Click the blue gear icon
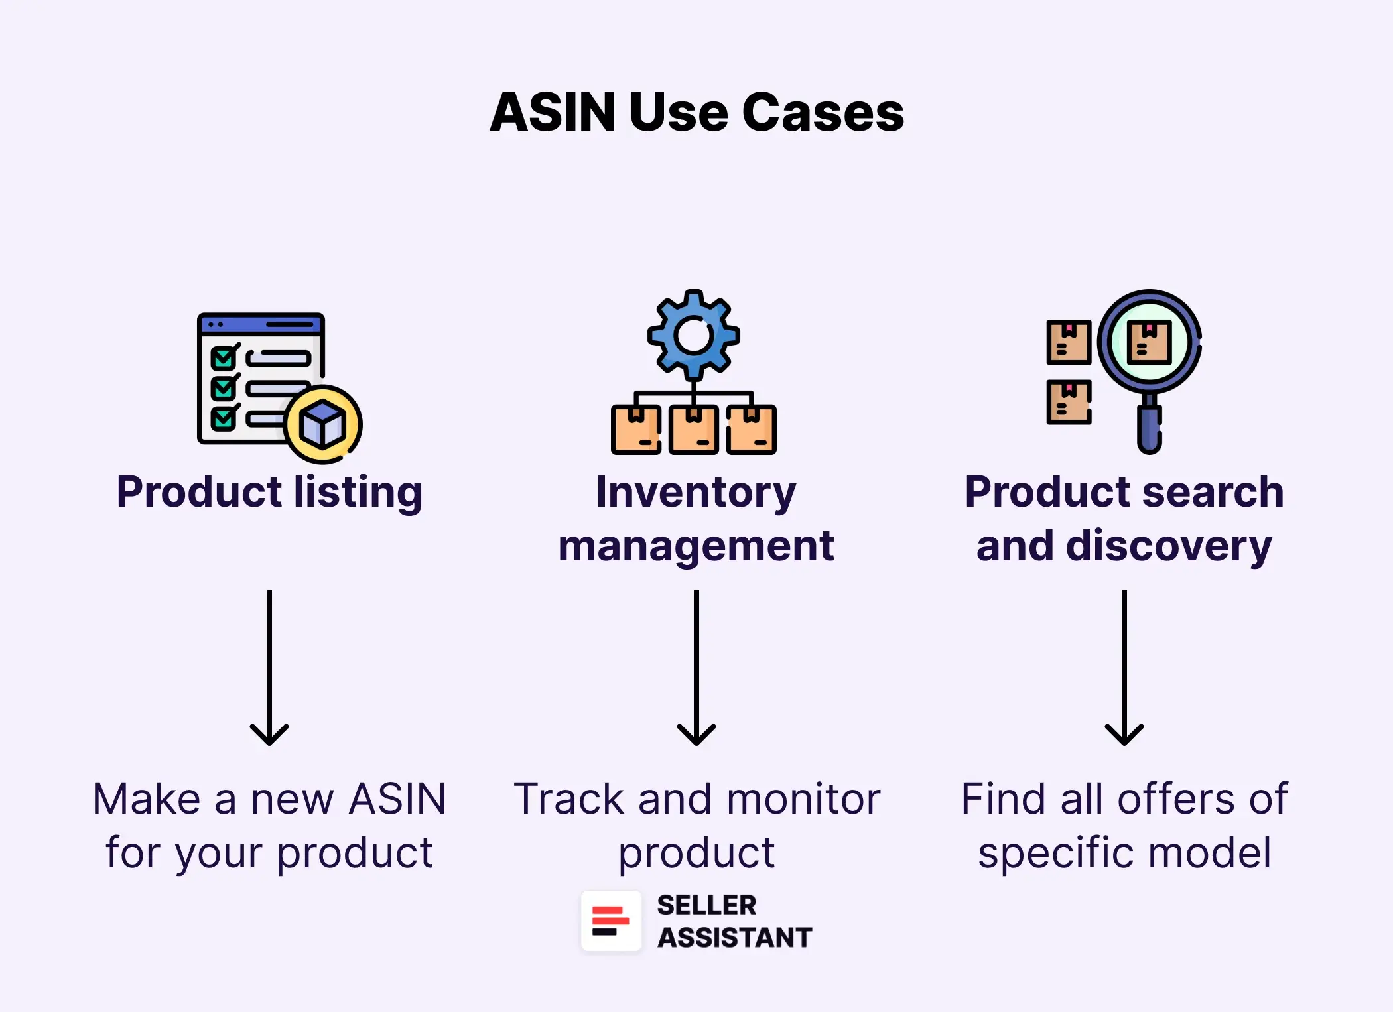pos(693,335)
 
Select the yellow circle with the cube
pos(323,424)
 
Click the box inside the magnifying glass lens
pos(1149,342)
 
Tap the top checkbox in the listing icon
pos(224,358)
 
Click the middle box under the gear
pos(693,430)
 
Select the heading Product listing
pos(269,492)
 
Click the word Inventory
pos(696,492)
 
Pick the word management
pos(696,546)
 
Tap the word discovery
pos(1169,546)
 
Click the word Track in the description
pos(569,798)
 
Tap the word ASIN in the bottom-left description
pos(398,798)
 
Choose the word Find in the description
pos(1003,798)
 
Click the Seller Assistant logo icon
pos(611,921)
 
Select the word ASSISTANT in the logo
pos(734,938)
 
